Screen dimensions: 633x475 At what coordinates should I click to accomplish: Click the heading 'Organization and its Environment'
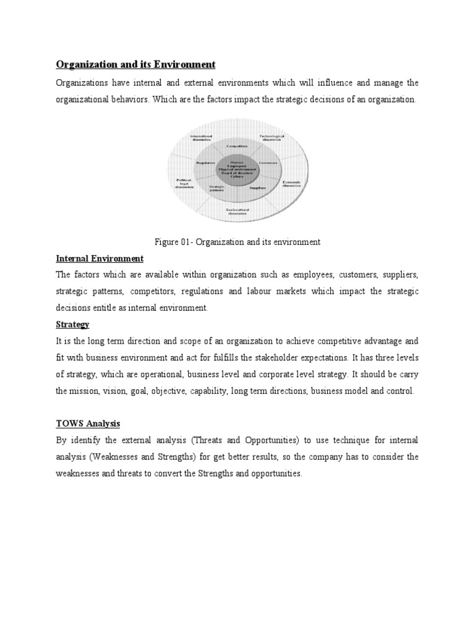135,64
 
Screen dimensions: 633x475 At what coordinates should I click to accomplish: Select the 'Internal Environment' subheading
100,258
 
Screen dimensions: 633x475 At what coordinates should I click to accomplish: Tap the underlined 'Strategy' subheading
73,324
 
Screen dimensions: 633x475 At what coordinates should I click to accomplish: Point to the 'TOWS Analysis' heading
88,423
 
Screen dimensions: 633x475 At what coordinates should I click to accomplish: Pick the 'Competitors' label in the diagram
237,146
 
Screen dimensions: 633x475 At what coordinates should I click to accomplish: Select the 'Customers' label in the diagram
268,163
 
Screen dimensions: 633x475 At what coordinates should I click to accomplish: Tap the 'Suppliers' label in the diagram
258,186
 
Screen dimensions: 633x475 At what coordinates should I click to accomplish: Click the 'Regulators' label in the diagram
205,163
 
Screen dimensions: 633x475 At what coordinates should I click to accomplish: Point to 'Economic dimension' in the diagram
291,184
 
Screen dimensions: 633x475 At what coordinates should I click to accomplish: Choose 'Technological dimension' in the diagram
272,137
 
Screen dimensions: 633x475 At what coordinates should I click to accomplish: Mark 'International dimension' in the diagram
201,137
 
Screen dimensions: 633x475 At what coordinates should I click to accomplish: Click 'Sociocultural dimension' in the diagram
237,212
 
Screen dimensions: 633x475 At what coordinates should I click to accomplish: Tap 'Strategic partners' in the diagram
216,187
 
